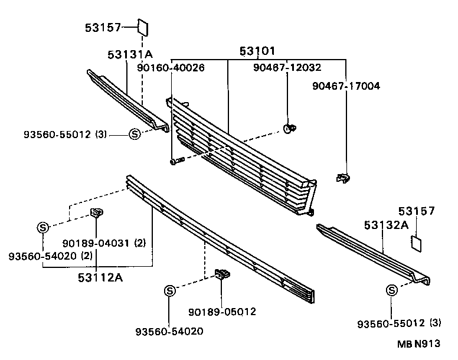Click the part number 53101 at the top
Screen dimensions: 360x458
coord(257,51)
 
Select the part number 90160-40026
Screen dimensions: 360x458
coord(171,68)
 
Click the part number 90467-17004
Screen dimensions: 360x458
coord(346,86)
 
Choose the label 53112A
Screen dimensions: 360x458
coord(98,276)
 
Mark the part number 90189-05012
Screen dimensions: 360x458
coord(222,312)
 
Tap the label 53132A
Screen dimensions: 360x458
coord(386,225)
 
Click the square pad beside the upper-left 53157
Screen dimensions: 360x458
coord(143,27)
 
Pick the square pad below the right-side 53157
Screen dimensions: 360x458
coord(417,243)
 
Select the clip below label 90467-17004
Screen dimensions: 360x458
coord(342,176)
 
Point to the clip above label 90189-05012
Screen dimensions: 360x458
coord(223,274)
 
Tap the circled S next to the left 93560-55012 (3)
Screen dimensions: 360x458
coord(134,134)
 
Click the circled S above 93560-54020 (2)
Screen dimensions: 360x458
coord(42,227)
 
